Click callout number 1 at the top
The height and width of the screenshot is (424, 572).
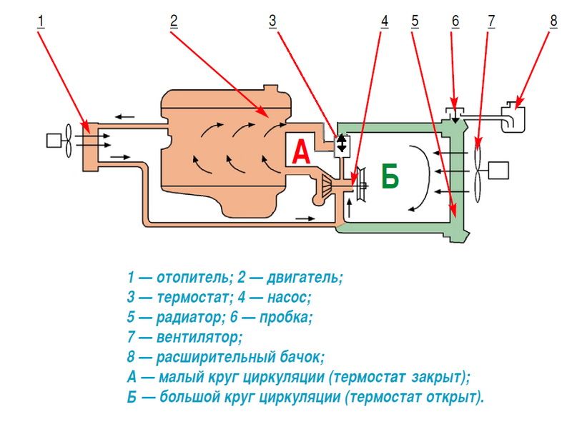coord(41,21)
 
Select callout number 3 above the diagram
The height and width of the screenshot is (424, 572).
coord(272,21)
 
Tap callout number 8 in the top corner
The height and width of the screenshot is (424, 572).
coord(553,21)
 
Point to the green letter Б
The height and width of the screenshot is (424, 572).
coord(389,176)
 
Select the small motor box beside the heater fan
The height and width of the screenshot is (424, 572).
coord(54,141)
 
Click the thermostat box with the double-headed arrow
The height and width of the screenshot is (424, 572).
coord(342,143)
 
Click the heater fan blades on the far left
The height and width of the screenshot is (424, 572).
coord(67,141)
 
